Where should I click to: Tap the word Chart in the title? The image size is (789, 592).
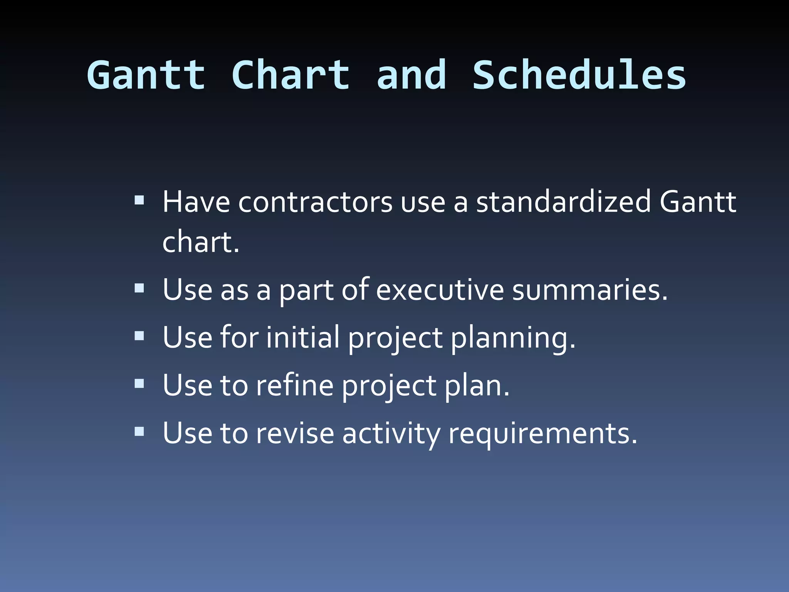coord(291,75)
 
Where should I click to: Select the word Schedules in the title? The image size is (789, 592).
coord(579,75)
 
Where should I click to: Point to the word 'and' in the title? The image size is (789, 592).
coord(411,75)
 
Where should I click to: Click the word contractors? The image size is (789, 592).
coord(315,202)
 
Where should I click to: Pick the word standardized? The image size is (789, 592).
coord(563,202)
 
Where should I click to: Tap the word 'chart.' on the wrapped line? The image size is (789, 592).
coord(201,243)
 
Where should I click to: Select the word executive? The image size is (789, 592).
coord(440,290)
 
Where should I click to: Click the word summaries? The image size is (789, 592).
coord(589,290)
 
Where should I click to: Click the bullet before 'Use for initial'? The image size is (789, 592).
coord(139,336)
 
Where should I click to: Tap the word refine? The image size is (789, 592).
coord(294,385)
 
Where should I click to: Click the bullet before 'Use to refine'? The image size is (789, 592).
coord(139,384)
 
